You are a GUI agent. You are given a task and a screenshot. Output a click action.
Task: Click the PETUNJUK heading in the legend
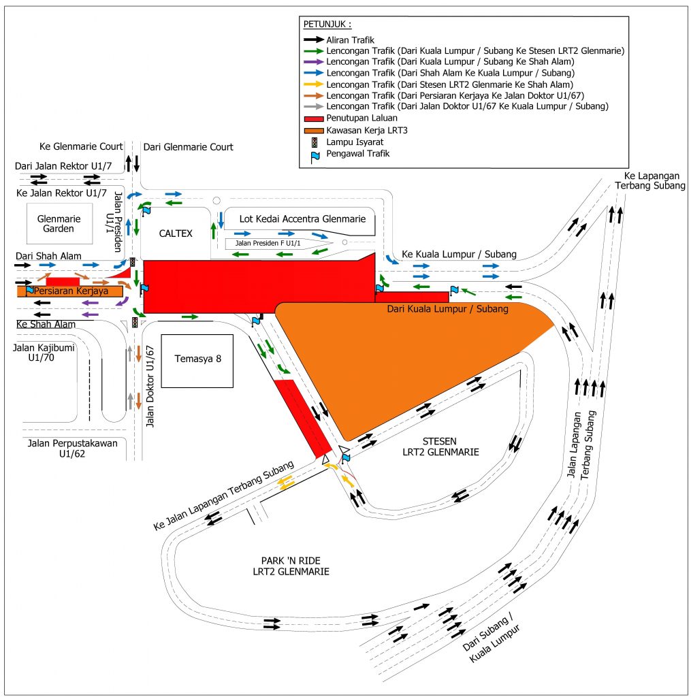coord(327,25)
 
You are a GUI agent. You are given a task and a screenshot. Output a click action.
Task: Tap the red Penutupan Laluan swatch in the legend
coord(313,118)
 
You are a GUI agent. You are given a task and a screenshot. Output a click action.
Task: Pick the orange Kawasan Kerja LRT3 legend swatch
coord(313,129)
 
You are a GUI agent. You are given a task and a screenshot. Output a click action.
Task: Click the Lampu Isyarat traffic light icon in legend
coord(313,142)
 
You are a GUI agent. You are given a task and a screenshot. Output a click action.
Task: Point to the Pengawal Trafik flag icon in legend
coord(313,154)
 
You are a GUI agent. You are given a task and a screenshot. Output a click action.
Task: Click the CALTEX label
coord(176,233)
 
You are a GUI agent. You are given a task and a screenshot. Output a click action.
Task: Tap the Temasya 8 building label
coord(197,359)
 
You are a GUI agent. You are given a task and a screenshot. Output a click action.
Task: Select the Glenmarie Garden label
coord(59,224)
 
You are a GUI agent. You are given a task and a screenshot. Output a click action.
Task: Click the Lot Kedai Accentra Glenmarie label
coord(303,218)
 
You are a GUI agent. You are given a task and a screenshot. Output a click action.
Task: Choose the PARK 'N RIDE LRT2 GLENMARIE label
coord(291,566)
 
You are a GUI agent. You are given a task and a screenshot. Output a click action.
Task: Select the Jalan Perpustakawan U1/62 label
coord(72,448)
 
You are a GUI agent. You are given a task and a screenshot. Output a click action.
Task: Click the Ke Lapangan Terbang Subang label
coord(649,181)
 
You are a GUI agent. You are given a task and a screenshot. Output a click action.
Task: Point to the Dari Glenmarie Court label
coord(188,146)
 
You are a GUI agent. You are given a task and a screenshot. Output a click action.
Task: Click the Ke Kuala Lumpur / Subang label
coord(459,254)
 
